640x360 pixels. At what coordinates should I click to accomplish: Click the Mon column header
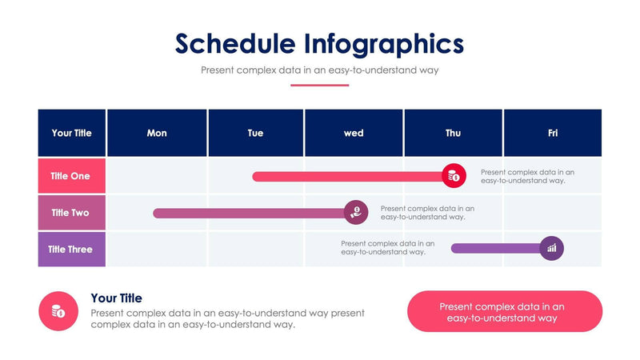coord(157,133)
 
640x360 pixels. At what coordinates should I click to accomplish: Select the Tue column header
coord(255,133)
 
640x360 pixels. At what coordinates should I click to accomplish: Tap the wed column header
coord(354,133)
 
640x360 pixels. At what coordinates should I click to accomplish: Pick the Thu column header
coord(453,133)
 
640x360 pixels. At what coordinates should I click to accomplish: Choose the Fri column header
coord(552,133)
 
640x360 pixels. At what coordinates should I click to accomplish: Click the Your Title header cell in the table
coord(72,133)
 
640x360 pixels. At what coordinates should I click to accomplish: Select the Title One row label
coord(71,176)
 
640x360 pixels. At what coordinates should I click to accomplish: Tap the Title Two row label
coord(71,213)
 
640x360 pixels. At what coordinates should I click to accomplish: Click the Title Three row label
coord(71,250)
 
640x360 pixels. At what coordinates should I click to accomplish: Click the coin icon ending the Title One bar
coord(454,176)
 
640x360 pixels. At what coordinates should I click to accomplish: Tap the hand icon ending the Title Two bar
coord(355,212)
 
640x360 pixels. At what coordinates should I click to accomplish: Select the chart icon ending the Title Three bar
coord(551,249)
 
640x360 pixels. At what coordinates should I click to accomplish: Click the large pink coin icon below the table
coord(58,311)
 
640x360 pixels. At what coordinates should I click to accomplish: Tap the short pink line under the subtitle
coord(319,85)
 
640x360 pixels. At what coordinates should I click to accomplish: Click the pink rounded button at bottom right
coord(504,311)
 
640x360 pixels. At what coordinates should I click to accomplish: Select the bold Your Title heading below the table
coord(117,298)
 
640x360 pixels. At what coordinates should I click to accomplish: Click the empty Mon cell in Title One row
coord(157,176)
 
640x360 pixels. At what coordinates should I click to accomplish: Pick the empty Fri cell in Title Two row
coord(552,213)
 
